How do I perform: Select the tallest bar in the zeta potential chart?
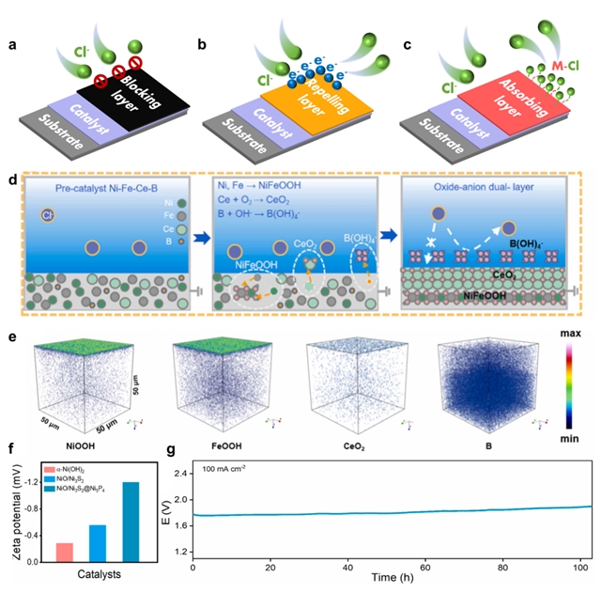point(128,522)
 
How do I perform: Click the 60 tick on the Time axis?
point(424,570)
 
